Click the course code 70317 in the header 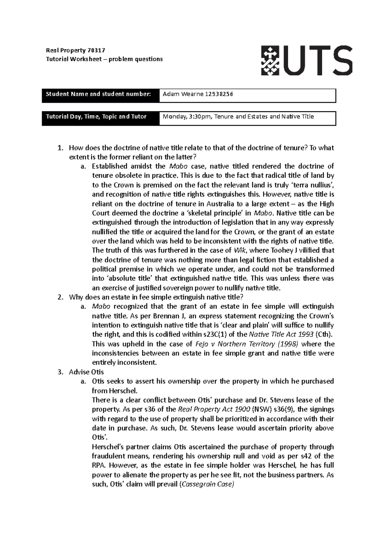[97, 50]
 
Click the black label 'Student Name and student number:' [98, 94]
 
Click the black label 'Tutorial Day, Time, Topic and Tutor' [96, 116]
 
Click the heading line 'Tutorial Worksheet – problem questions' [104, 59]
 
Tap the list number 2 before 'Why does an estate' [60, 297]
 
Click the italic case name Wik [239, 250]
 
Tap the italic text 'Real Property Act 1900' [214, 409]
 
